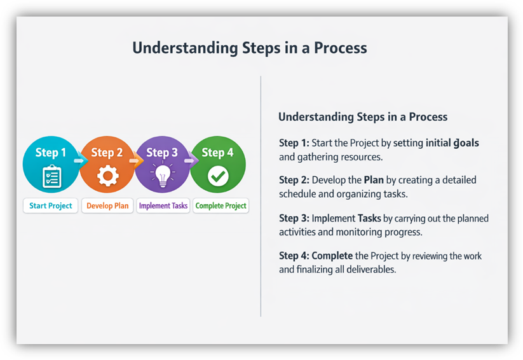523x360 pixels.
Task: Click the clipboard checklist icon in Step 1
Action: click(x=51, y=176)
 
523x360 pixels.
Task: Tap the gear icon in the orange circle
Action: click(x=107, y=176)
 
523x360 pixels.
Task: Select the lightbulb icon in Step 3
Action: click(x=162, y=176)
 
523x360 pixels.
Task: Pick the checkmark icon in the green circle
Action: click(x=218, y=176)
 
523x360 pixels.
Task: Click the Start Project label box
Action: click(x=51, y=206)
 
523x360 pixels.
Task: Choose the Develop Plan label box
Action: click(x=107, y=206)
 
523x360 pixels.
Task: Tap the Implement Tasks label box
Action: click(x=163, y=206)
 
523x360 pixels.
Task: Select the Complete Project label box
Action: click(x=221, y=206)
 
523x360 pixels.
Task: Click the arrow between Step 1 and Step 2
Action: click(x=79, y=161)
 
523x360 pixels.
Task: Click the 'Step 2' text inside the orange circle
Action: click(x=107, y=153)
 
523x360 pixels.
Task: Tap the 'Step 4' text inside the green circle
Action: click(x=218, y=153)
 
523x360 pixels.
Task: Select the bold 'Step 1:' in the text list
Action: click(x=294, y=143)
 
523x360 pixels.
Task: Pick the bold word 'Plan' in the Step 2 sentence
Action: click(x=374, y=180)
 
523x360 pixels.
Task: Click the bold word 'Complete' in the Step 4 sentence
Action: click(x=332, y=256)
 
